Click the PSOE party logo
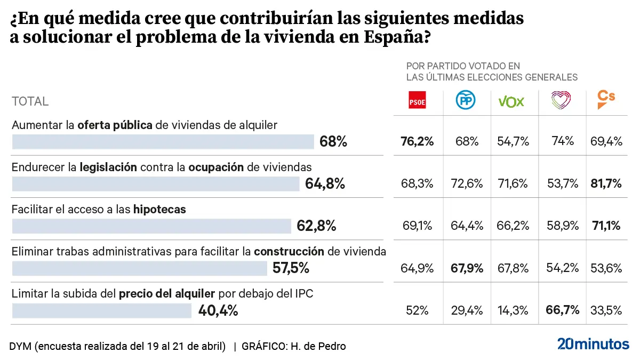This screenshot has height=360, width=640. (x=417, y=100)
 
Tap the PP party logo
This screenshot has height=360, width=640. (x=466, y=100)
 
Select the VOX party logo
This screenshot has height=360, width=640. (x=511, y=101)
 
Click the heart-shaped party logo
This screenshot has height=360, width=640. (x=561, y=100)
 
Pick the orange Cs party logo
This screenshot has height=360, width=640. (x=606, y=99)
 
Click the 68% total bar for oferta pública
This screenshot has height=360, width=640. (x=163, y=142)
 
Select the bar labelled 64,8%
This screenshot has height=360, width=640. (x=156, y=184)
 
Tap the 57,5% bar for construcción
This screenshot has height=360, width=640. (x=139, y=268)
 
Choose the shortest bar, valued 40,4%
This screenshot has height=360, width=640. (x=101, y=310)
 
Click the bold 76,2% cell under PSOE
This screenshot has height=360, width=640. (x=417, y=141)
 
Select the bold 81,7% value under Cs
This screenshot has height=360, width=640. (x=606, y=183)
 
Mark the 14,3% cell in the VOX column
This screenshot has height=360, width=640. (x=513, y=310)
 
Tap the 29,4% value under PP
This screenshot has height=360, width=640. (x=467, y=310)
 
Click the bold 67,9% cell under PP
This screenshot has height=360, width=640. (x=467, y=268)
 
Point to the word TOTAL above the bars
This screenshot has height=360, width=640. (x=30, y=101)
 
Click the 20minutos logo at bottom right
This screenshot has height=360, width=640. (x=593, y=345)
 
